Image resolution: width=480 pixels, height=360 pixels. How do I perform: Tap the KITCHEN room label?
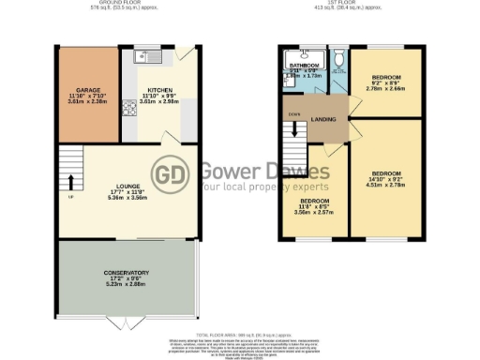[157, 91]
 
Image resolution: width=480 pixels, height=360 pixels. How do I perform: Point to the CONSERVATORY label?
[127, 273]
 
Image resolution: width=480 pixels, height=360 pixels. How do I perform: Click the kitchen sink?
[148, 57]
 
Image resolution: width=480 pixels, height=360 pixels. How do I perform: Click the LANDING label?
[324, 117]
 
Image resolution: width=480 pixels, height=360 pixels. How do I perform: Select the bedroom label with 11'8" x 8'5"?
[314, 202]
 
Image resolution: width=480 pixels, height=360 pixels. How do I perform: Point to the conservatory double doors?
[127, 322]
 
